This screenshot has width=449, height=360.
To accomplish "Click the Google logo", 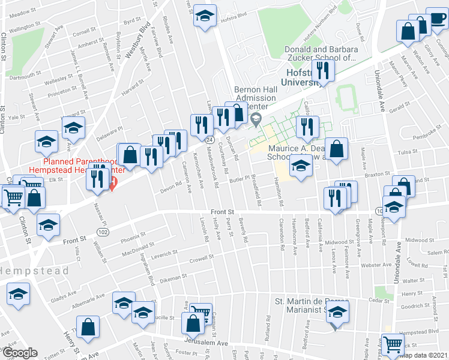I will click(20, 353).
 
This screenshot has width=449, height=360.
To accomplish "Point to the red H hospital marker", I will click(112, 184).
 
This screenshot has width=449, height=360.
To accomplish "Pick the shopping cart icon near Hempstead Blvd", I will click(392, 344).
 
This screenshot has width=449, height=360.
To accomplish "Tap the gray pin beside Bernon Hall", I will click(258, 118).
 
